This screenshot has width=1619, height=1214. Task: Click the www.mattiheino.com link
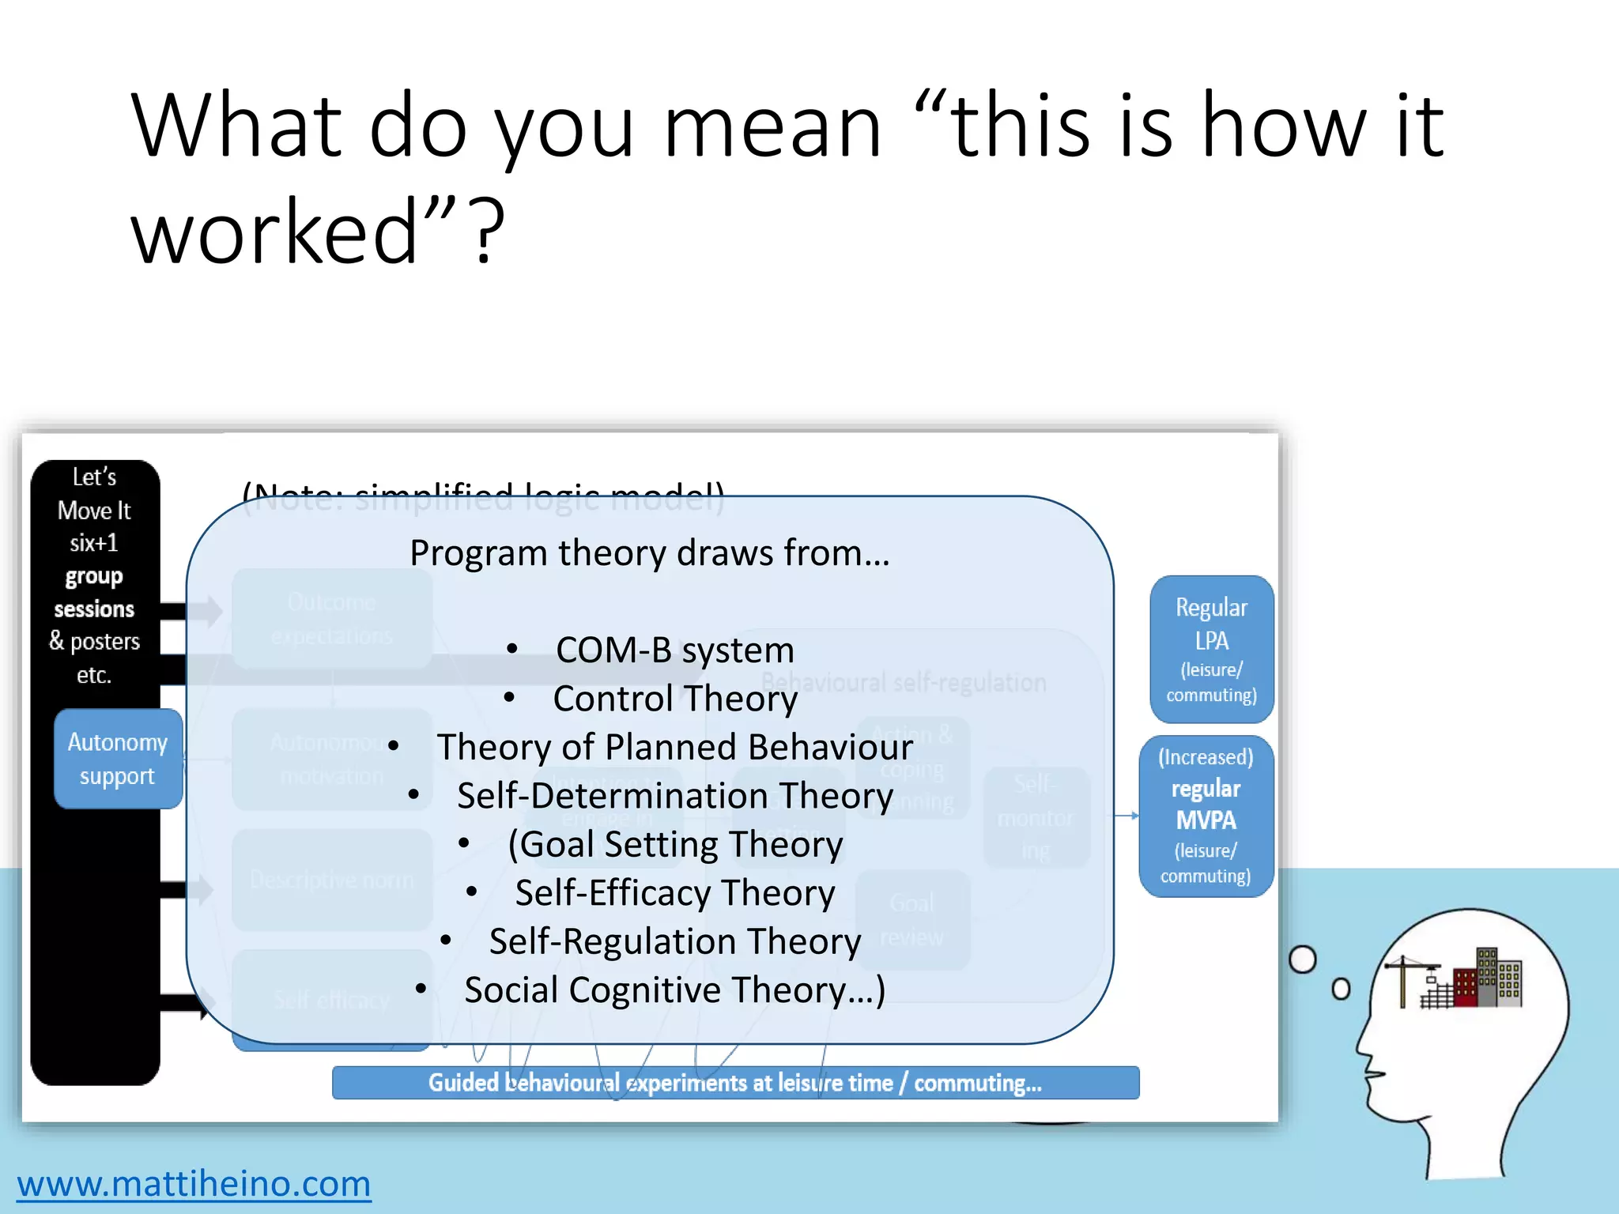pos(194,1183)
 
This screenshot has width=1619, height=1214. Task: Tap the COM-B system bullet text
pos(674,650)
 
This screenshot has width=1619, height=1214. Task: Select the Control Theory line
pos(674,699)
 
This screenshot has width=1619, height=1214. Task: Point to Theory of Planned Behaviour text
pos(674,747)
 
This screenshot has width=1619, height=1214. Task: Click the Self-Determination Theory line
pos(674,795)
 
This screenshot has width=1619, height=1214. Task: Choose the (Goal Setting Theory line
pos(674,844)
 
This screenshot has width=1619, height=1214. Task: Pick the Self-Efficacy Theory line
pos(674,892)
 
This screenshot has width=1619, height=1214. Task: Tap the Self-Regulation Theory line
pos(674,941)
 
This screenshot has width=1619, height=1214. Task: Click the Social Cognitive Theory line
pos(674,990)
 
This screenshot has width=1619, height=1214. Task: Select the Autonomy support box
pos(118,759)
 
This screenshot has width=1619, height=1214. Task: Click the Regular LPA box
pos(1211,649)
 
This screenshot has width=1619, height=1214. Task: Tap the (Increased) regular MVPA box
pos(1206,816)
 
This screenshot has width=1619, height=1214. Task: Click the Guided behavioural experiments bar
pos(735,1083)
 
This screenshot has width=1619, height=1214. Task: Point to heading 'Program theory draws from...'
pos(650,552)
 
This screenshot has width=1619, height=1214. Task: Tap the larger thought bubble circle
pos(1302,960)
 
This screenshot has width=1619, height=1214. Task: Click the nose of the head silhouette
pos(1362,1051)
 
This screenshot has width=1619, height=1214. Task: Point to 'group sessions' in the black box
pos(94,593)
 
